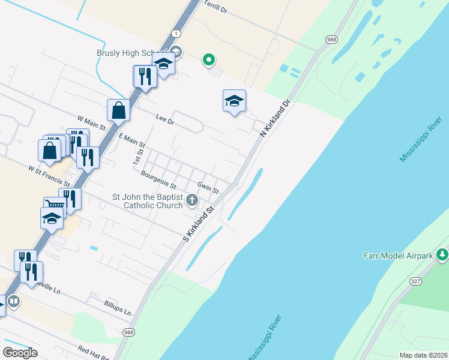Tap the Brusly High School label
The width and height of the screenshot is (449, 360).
tap(132, 53)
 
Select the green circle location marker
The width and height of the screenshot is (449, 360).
tap(209, 59)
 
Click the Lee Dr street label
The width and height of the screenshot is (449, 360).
tap(164, 120)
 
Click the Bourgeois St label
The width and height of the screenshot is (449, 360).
tap(158, 177)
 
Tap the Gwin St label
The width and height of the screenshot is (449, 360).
tap(208, 188)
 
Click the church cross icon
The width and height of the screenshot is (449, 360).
tap(192, 200)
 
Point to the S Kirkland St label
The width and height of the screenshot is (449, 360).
tap(199, 224)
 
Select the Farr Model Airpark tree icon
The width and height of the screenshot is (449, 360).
tap(442, 255)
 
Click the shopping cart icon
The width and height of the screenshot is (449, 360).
tap(53, 205)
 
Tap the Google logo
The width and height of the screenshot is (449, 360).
tap(20, 353)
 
